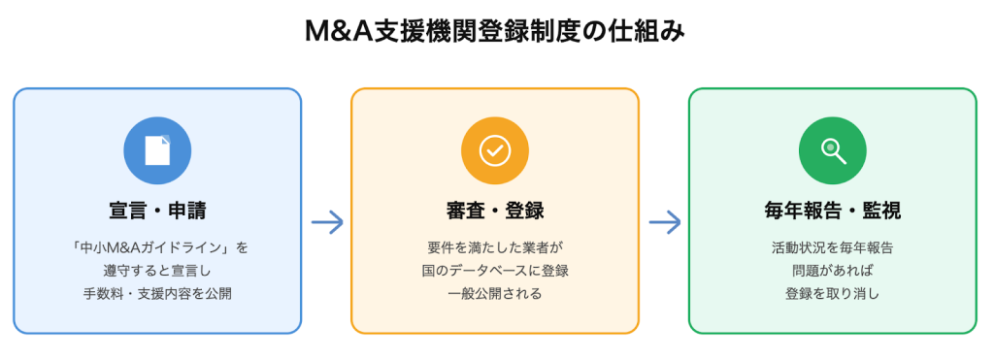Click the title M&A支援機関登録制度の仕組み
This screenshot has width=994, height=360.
tap(496, 33)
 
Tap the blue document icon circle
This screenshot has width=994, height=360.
tap(157, 150)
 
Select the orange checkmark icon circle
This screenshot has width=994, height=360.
tap(495, 150)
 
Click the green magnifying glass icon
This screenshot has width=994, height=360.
tap(832, 150)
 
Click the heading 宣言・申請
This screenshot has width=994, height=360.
tap(157, 211)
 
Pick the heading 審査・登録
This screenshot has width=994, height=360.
tap(495, 211)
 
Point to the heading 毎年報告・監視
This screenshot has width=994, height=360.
tap(832, 211)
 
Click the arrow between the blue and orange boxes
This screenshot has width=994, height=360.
tap(327, 222)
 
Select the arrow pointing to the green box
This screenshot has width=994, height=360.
tap(665, 222)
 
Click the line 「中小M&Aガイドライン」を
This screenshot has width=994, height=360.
tap(157, 247)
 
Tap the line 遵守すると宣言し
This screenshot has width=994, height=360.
tap(157, 270)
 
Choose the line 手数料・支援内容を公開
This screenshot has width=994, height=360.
tap(157, 293)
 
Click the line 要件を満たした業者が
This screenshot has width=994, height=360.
tap(495, 247)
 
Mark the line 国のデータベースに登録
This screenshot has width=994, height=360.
tap(495, 270)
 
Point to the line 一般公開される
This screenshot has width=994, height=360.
tap(495, 293)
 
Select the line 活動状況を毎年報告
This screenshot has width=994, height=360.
tap(832, 247)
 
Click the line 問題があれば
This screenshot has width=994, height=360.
tap(832, 270)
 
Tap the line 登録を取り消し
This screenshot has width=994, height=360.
tap(832, 293)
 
